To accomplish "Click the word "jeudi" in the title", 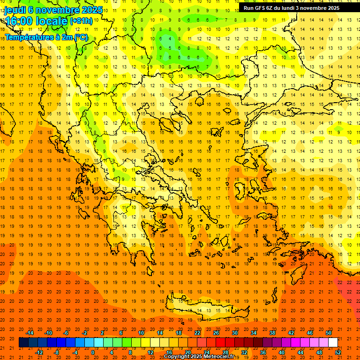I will tap(15, 10).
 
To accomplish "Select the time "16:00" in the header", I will tap(20, 21).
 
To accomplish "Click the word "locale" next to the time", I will tap(52, 21).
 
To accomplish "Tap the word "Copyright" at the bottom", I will tap(177, 357).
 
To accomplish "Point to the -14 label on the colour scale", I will tap(30, 333).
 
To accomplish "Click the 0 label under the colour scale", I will tap(92, 352).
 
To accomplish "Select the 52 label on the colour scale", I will tap(338, 352).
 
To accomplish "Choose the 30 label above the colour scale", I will tap(235, 333).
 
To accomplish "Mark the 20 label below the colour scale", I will tap(187, 352).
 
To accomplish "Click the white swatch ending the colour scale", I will tap(333, 343).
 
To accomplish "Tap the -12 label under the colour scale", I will tap(39, 352).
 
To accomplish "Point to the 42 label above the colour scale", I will tap(291, 333).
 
